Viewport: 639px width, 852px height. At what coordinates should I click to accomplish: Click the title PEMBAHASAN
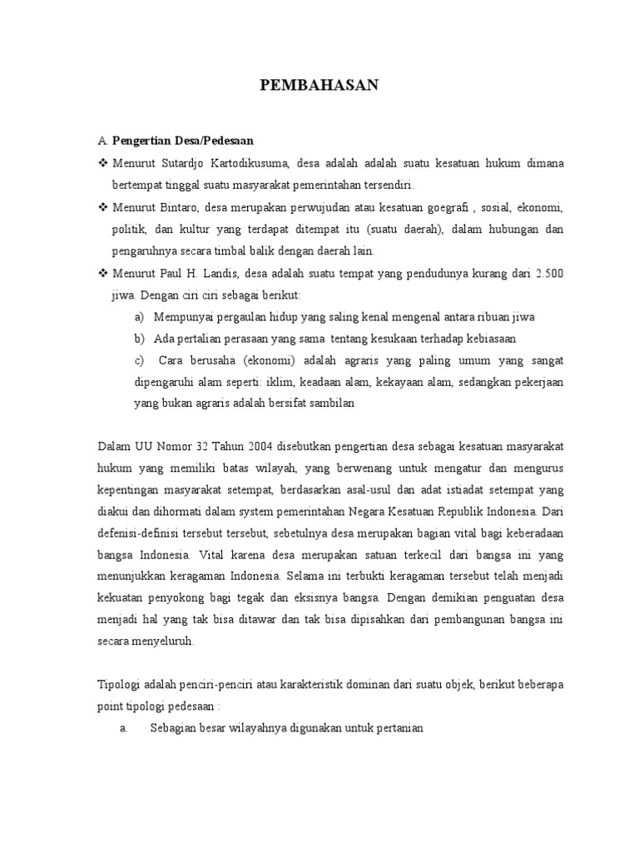[319, 86]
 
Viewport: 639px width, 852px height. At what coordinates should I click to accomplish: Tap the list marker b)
[139, 338]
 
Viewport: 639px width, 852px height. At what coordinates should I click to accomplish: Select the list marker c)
[139, 359]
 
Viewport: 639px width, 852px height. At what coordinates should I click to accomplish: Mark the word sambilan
[332, 403]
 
